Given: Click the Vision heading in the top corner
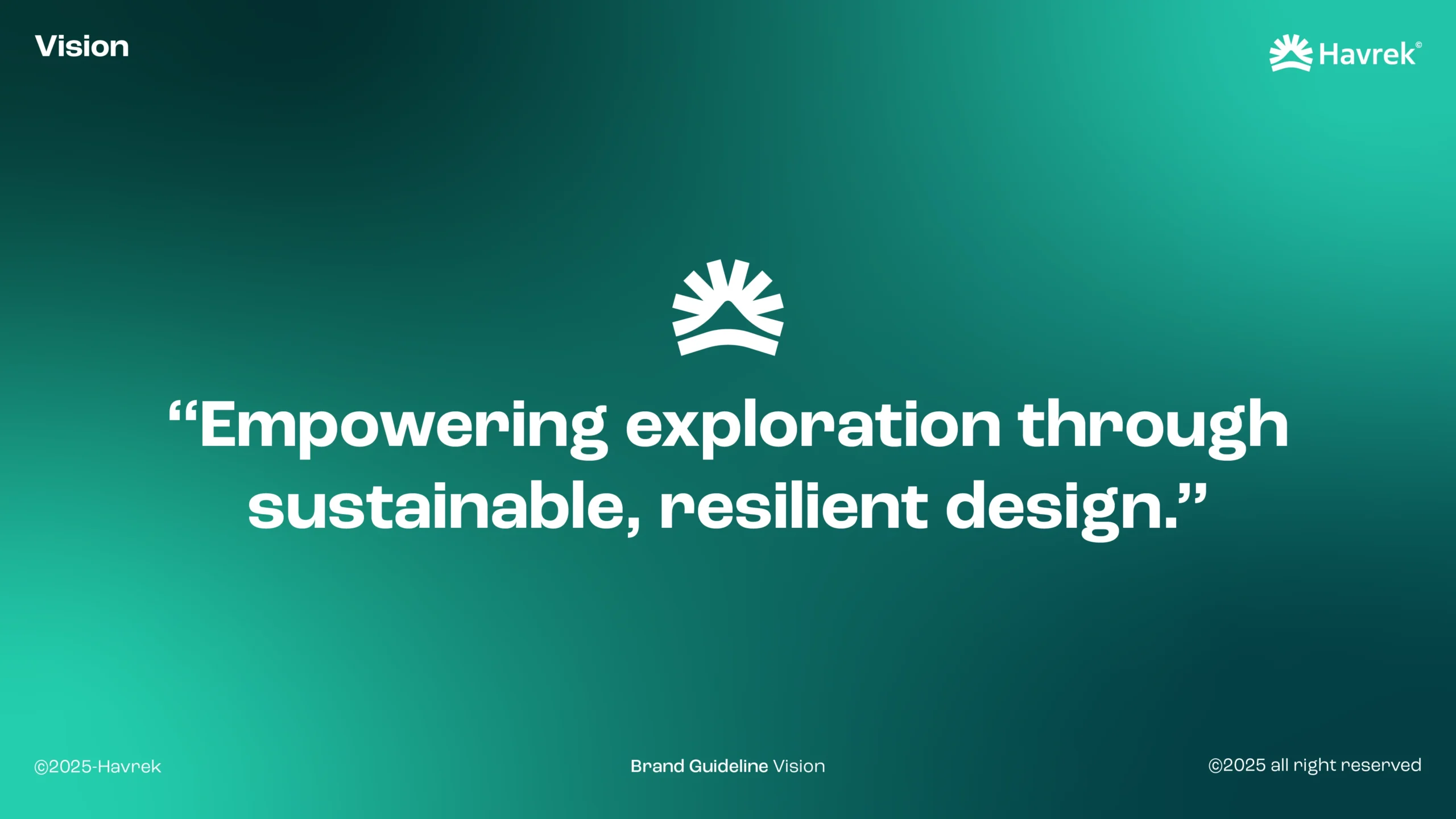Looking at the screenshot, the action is [82, 47].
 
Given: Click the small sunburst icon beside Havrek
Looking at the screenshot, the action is [1291, 53].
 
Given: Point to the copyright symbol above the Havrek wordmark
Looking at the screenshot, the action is [1418, 45].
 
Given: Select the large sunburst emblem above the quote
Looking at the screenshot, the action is [728, 308].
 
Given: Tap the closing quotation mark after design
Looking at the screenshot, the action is [1192, 493].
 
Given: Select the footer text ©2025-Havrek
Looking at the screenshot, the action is [98, 767].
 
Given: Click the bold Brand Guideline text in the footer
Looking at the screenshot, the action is [699, 766].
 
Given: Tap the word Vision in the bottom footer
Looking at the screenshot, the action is [799, 766].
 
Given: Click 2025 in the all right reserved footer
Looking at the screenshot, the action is [1244, 765].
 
